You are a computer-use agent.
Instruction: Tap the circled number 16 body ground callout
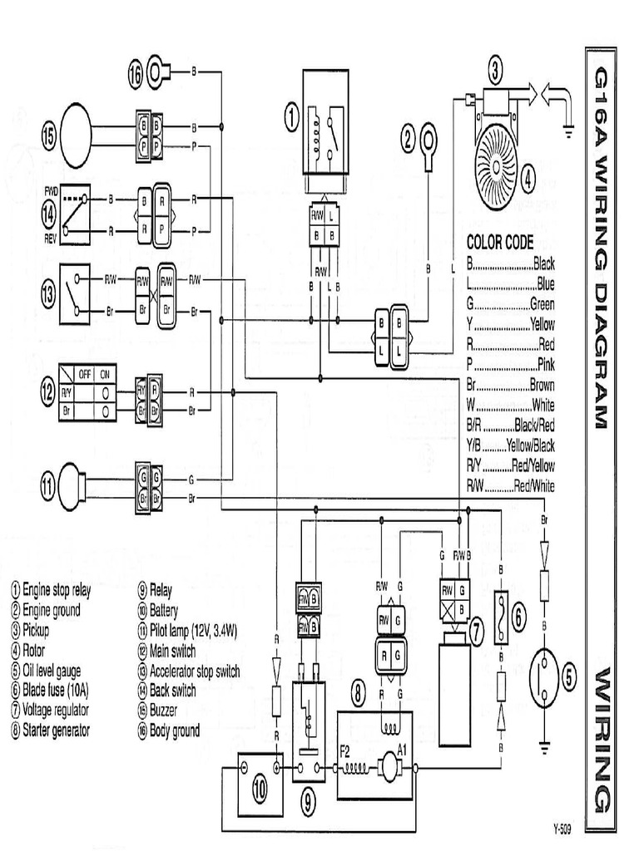coord(136,73)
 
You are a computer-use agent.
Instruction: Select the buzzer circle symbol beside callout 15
coord(73,135)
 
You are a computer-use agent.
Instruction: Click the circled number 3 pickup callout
coord(495,72)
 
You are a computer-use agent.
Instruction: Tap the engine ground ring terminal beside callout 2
coord(429,136)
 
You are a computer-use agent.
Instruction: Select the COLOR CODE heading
coord(499,243)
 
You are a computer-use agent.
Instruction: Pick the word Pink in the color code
coord(546,365)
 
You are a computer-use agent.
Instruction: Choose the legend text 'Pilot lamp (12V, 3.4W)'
coord(192,631)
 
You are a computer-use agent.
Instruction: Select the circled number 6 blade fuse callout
coord(518,616)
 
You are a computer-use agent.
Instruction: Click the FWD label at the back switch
coord(52,190)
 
